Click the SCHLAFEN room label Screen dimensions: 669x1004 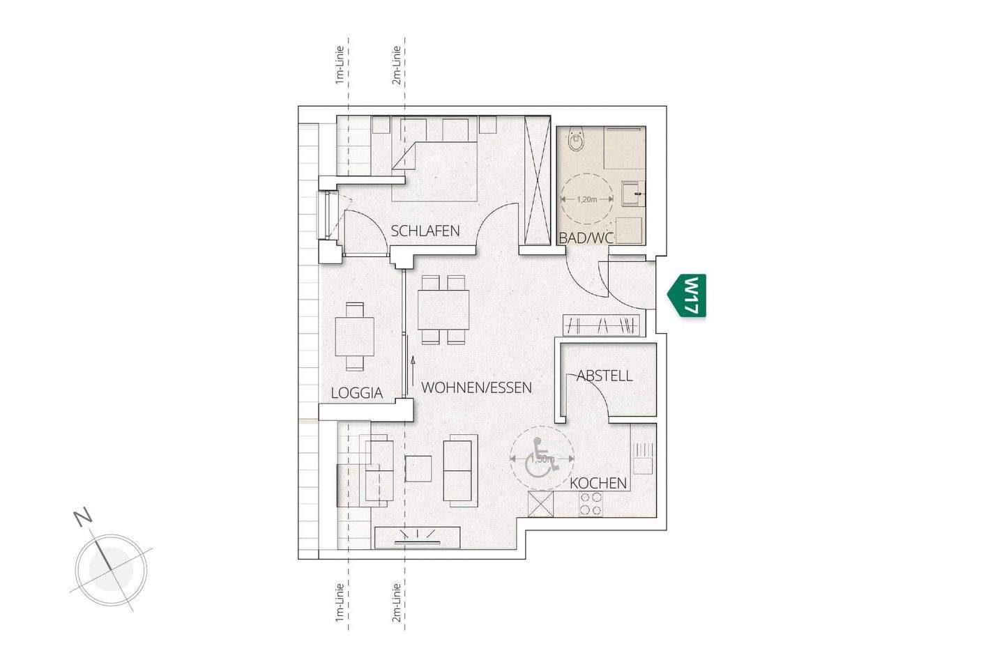coord(425,231)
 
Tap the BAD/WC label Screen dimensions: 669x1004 coord(586,238)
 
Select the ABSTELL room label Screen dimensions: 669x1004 coord(604,376)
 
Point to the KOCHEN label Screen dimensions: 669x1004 coord(598,483)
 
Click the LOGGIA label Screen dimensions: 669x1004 coord(356,393)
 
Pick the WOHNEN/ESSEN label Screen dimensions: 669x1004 coord(477,387)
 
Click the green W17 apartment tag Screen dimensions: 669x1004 coord(688,295)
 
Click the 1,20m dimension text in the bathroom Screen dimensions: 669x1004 coord(587,199)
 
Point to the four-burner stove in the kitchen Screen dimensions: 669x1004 coord(591,505)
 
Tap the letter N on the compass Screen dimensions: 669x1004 coord(83,517)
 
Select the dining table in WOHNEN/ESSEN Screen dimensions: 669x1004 coord(443,309)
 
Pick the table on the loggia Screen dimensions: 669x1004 coord(355,337)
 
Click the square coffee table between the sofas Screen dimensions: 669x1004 coord(418,468)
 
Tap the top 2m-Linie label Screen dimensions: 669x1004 coord(396,66)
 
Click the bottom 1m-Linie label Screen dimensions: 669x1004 coord(339,602)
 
